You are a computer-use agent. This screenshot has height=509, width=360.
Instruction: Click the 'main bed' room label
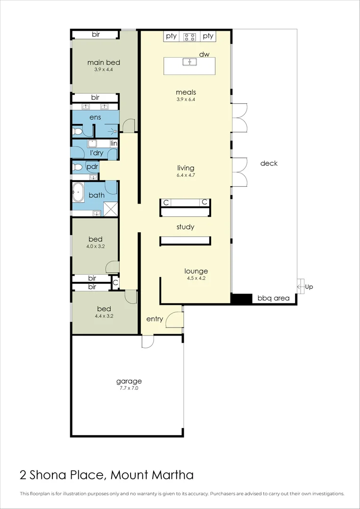[104, 62]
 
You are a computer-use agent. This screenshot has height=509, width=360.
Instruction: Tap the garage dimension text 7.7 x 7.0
[129, 389]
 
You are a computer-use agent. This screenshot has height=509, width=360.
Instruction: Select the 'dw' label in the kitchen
[204, 54]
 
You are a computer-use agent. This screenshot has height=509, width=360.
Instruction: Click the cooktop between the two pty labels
[189, 36]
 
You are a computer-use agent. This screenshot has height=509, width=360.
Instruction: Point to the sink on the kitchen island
[189, 62]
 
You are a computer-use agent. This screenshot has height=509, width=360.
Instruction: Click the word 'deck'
[269, 164]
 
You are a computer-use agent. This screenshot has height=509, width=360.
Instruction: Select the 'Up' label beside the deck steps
[309, 287]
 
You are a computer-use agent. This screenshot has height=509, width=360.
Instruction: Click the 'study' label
[185, 227]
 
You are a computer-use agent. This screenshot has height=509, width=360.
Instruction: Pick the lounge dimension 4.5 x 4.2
[196, 278]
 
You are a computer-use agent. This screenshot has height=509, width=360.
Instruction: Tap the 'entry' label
[155, 319]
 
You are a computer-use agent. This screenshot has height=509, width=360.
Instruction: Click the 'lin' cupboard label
[114, 143]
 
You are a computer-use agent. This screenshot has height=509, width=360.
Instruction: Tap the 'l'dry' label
[97, 153]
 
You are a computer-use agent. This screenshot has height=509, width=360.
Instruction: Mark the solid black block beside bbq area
[241, 299]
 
